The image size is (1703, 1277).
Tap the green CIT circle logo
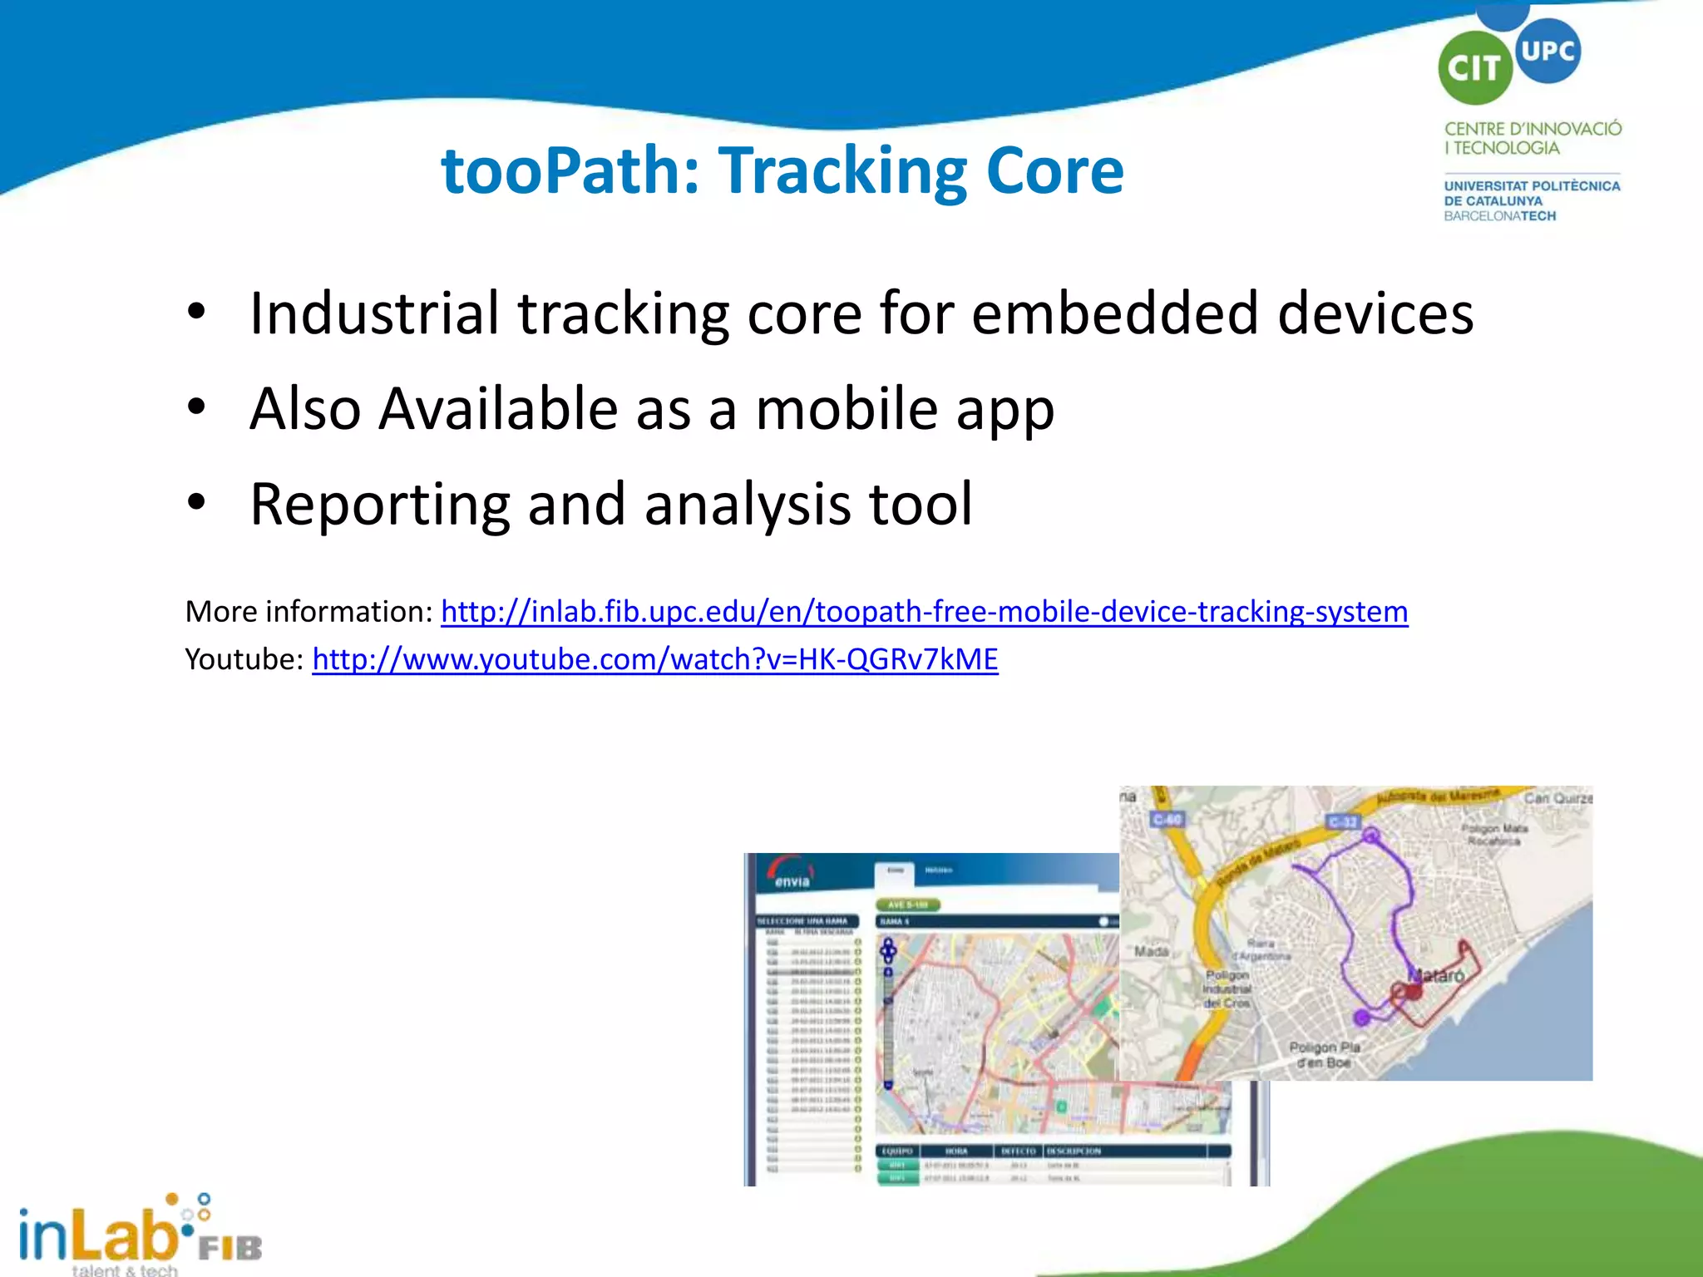click(1473, 68)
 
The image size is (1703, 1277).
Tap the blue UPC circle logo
click(1547, 51)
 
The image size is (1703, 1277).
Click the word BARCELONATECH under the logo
click(1499, 216)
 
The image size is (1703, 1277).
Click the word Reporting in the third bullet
click(379, 505)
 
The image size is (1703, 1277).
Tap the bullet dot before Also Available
click(196, 407)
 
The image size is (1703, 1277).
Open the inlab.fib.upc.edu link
click(924, 612)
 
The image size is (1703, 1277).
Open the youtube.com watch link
click(654, 659)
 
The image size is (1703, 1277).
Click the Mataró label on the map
click(1436, 975)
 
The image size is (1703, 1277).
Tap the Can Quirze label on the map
click(1557, 798)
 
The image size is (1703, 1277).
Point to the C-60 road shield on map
click(1167, 820)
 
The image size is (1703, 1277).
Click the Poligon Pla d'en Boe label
click(1324, 1054)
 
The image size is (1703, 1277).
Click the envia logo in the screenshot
click(790, 875)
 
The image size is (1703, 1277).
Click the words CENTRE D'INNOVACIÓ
click(1532, 129)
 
